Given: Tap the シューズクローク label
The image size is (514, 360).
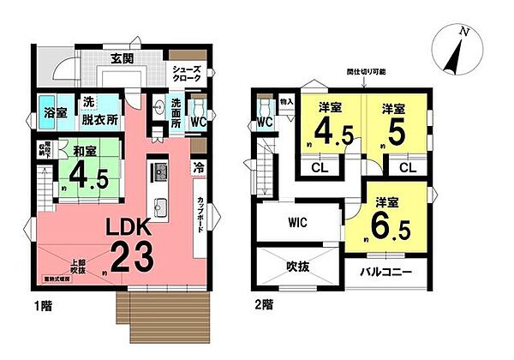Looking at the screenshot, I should pyautogui.click(x=187, y=74).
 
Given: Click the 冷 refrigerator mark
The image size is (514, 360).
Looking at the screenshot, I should pyautogui.click(x=198, y=166).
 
